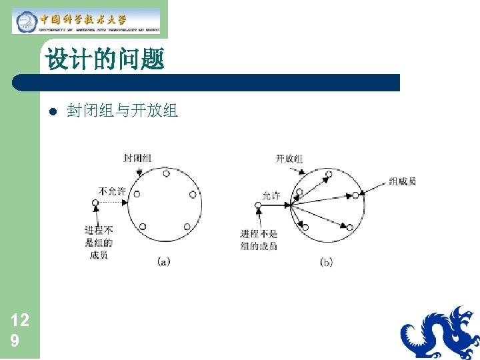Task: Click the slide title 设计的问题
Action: [x=105, y=60]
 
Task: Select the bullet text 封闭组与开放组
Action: [x=123, y=111]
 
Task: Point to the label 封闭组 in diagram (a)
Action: [x=137, y=159]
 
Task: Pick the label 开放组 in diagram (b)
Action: [x=289, y=159]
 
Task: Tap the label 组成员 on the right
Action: [x=403, y=181]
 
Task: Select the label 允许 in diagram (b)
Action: [x=271, y=195]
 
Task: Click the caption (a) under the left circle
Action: [x=163, y=262]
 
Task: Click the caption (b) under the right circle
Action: [x=326, y=262]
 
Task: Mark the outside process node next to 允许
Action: [x=259, y=205]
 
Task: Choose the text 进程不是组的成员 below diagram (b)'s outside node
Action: [x=259, y=240]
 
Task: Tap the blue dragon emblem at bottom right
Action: [x=439, y=333]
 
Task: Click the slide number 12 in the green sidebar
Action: [x=20, y=320]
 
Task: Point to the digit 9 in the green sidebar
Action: [x=15, y=341]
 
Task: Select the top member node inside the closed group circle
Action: [x=165, y=173]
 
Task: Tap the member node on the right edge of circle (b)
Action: [x=355, y=195]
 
